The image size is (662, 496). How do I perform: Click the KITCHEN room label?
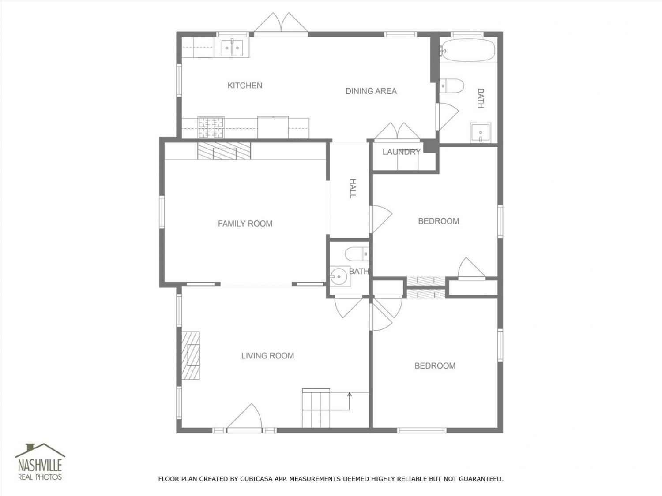[x=244, y=86]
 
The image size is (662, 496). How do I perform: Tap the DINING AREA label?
[x=371, y=91]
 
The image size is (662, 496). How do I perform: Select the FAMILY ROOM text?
[x=245, y=224]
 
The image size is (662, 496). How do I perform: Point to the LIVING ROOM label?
[x=267, y=356]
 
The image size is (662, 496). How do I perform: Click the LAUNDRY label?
[x=402, y=152]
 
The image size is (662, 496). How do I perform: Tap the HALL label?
[x=353, y=189]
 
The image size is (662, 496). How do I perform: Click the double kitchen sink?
[x=232, y=48]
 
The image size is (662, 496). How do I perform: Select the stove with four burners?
[x=211, y=127]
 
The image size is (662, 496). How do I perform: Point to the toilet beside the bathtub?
[x=451, y=86]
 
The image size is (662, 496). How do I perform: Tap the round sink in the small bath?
[x=339, y=276]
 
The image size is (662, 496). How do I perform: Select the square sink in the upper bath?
[x=481, y=133]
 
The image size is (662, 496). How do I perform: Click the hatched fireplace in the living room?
[x=190, y=355]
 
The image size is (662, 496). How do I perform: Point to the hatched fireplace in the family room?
[x=224, y=151]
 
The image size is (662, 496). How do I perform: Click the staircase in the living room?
[x=316, y=408]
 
